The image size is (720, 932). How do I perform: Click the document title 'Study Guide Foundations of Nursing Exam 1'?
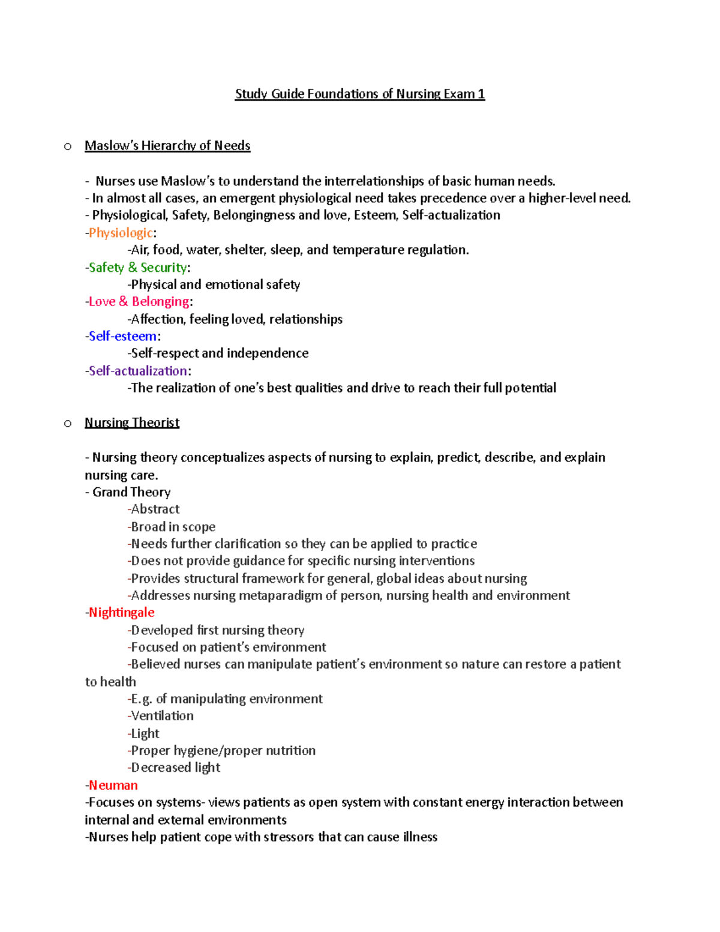pyautogui.click(x=359, y=94)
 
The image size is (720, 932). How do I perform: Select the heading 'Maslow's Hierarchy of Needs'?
pyautogui.click(x=167, y=146)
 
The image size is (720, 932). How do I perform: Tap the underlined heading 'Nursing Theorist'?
pyautogui.click(x=132, y=422)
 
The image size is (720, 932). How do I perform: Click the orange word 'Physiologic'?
pyautogui.click(x=121, y=233)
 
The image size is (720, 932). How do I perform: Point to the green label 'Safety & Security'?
pyautogui.click(x=137, y=268)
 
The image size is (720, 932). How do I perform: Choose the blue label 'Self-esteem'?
pyautogui.click(x=122, y=336)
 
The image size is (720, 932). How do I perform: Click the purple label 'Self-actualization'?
pyautogui.click(x=138, y=371)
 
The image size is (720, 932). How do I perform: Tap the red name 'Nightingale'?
pyautogui.click(x=121, y=612)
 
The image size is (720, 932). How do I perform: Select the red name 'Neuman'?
pyautogui.click(x=113, y=785)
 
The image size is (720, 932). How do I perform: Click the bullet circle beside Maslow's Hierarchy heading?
pyautogui.click(x=68, y=146)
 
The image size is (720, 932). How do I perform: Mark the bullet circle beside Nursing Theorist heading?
pyautogui.click(x=68, y=424)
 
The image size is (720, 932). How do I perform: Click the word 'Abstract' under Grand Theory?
pyautogui.click(x=155, y=509)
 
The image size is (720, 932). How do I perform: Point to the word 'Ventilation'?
pyautogui.click(x=162, y=716)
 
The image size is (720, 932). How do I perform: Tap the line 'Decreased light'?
pyautogui.click(x=175, y=768)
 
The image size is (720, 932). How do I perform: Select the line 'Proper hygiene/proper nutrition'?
pyautogui.click(x=223, y=750)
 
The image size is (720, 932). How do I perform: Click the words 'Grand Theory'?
pyautogui.click(x=131, y=492)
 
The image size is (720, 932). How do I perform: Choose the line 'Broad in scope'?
pyautogui.click(x=173, y=527)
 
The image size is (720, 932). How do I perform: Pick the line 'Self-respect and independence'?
pyautogui.click(x=220, y=353)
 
